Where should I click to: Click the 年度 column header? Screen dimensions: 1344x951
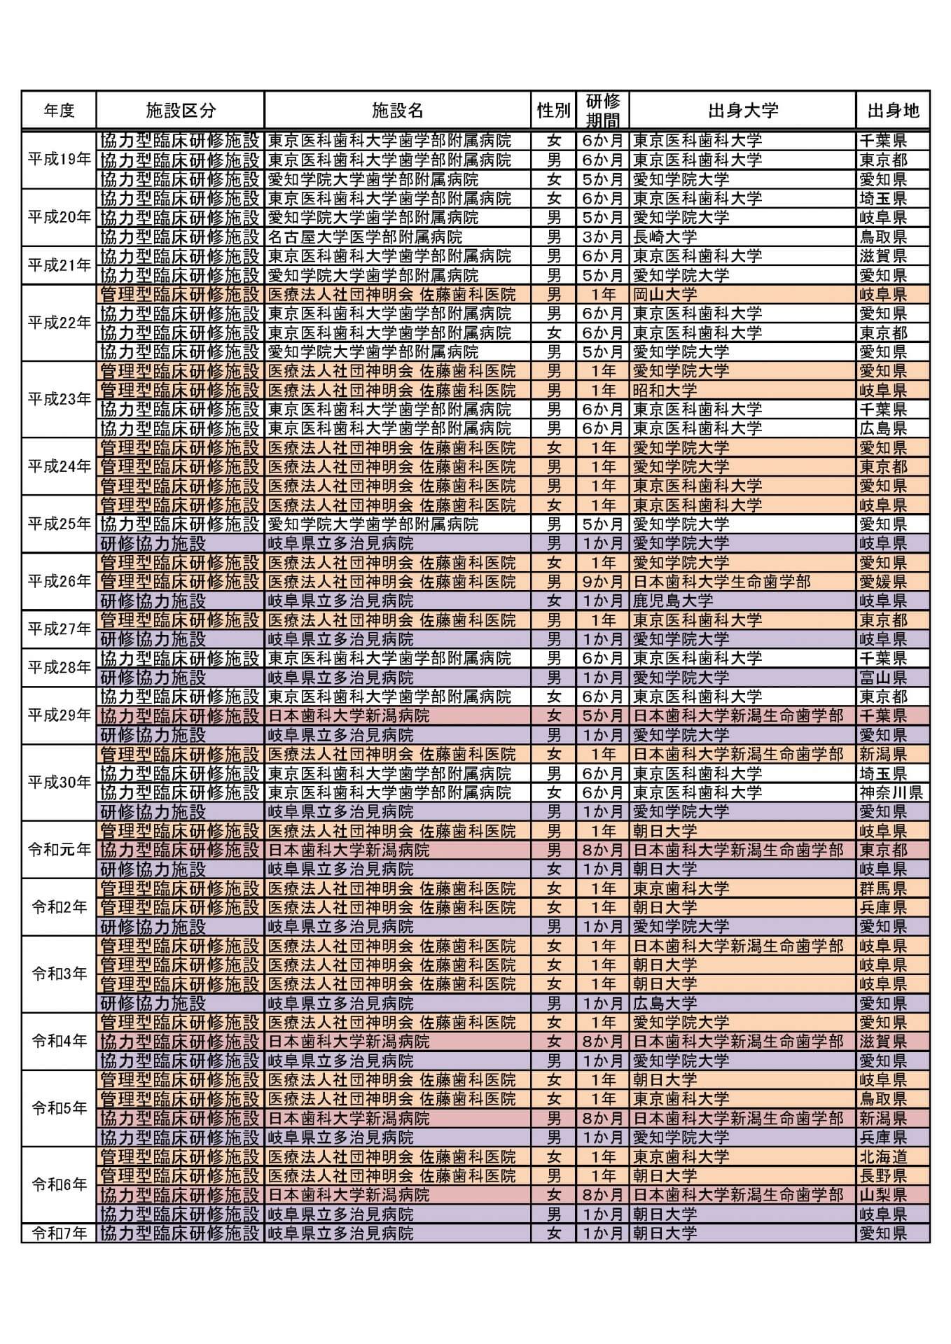pos(59,111)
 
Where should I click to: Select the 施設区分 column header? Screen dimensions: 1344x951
pos(180,111)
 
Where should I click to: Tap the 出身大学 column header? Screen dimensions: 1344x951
pos(742,111)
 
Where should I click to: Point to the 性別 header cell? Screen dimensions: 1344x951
pos(553,111)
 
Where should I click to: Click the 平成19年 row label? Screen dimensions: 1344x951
pos(59,160)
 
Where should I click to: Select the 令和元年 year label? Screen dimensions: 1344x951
pos(59,850)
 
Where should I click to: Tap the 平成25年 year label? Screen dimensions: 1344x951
pos(59,524)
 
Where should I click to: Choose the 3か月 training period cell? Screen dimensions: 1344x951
pos(602,237)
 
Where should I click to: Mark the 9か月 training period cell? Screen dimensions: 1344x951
pos(602,582)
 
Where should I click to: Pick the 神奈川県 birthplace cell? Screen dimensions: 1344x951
pos(891,792)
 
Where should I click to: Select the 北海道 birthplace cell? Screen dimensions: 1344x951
pos(882,1156)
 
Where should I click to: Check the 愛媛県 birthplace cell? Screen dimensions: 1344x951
pos(882,582)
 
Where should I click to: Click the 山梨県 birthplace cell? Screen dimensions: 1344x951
pos(882,1195)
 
